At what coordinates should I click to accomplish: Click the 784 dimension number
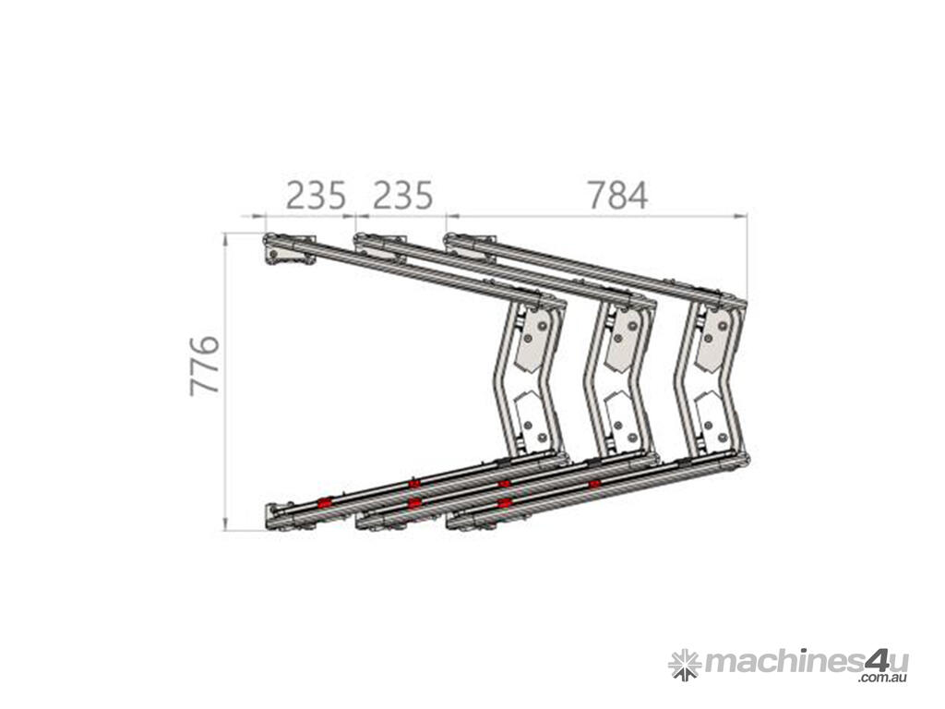click(x=617, y=196)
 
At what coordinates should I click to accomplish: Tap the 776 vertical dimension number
click(x=204, y=366)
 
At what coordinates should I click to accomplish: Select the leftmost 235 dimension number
click(x=316, y=196)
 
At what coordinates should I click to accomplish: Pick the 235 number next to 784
click(x=402, y=196)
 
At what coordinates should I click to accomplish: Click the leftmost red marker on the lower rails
click(x=325, y=502)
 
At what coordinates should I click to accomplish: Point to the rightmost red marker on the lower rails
click(x=595, y=484)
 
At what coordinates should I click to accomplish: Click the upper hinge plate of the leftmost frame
click(x=533, y=342)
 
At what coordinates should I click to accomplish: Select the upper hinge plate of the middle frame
click(x=623, y=342)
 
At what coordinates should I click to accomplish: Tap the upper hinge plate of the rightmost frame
click(x=713, y=342)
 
